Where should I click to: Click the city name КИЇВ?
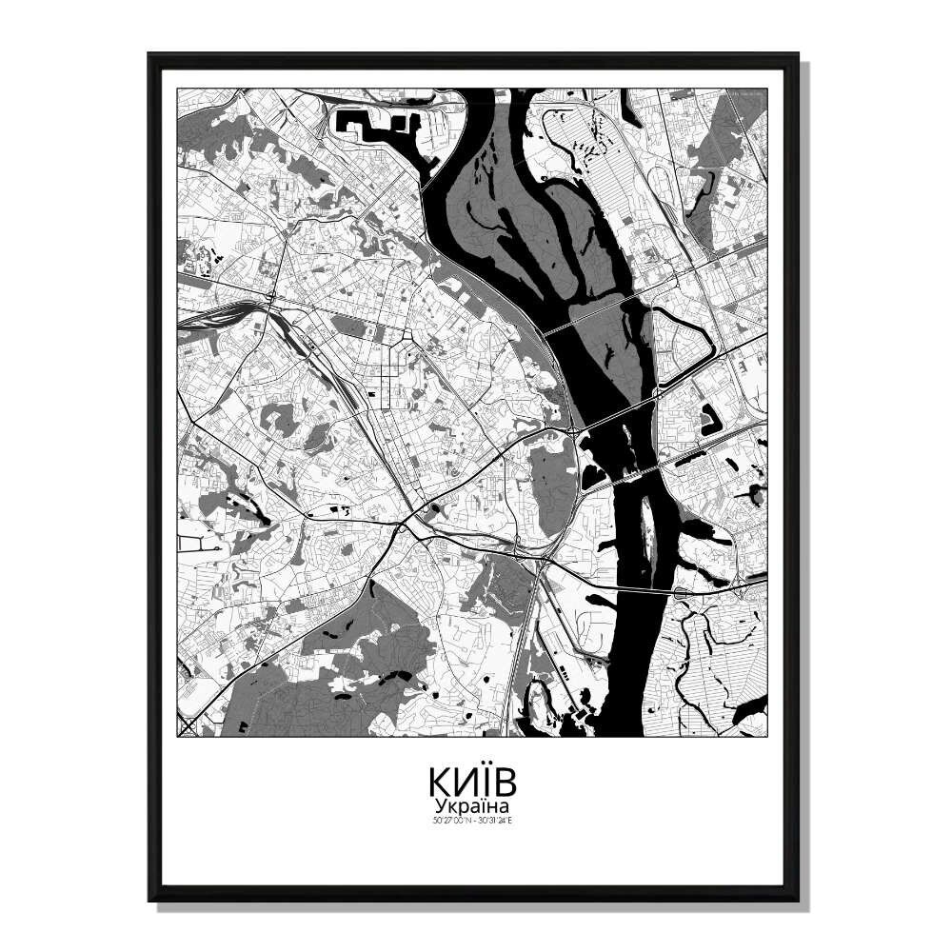pyautogui.click(x=472, y=782)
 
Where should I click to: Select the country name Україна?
pyautogui.click(x=472, y=805)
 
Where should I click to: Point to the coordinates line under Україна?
pyautogui.click(x=472, y=820)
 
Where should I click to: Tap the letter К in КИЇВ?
pyautogui.click(x=440, y=782)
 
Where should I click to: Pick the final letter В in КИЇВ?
pyautogui.click(x=506, y=782)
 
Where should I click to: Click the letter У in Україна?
pyautogui.click(x=439, y=806)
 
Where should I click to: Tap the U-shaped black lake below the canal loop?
pyautogui.click(x=710, y=420)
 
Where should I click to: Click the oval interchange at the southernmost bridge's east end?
pyautogui.click(x=683, y=592)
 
